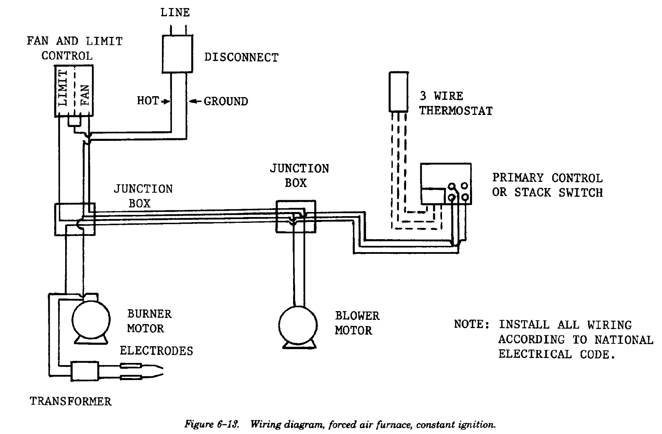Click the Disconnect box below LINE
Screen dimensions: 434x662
coord(177,54)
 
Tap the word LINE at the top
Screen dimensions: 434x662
coord(175,13)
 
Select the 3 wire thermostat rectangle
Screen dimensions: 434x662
coord(398,92)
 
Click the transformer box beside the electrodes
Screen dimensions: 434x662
coord(86,371)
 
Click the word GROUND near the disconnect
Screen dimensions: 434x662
coord(226,102)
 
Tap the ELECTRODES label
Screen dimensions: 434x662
coord(157,351)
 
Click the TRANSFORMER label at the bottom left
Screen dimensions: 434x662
coord(71,402)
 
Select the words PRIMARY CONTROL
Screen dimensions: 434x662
coord(547,178)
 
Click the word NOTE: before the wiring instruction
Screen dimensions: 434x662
coord(471,325)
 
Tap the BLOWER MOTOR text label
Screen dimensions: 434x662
coord(357,323)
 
